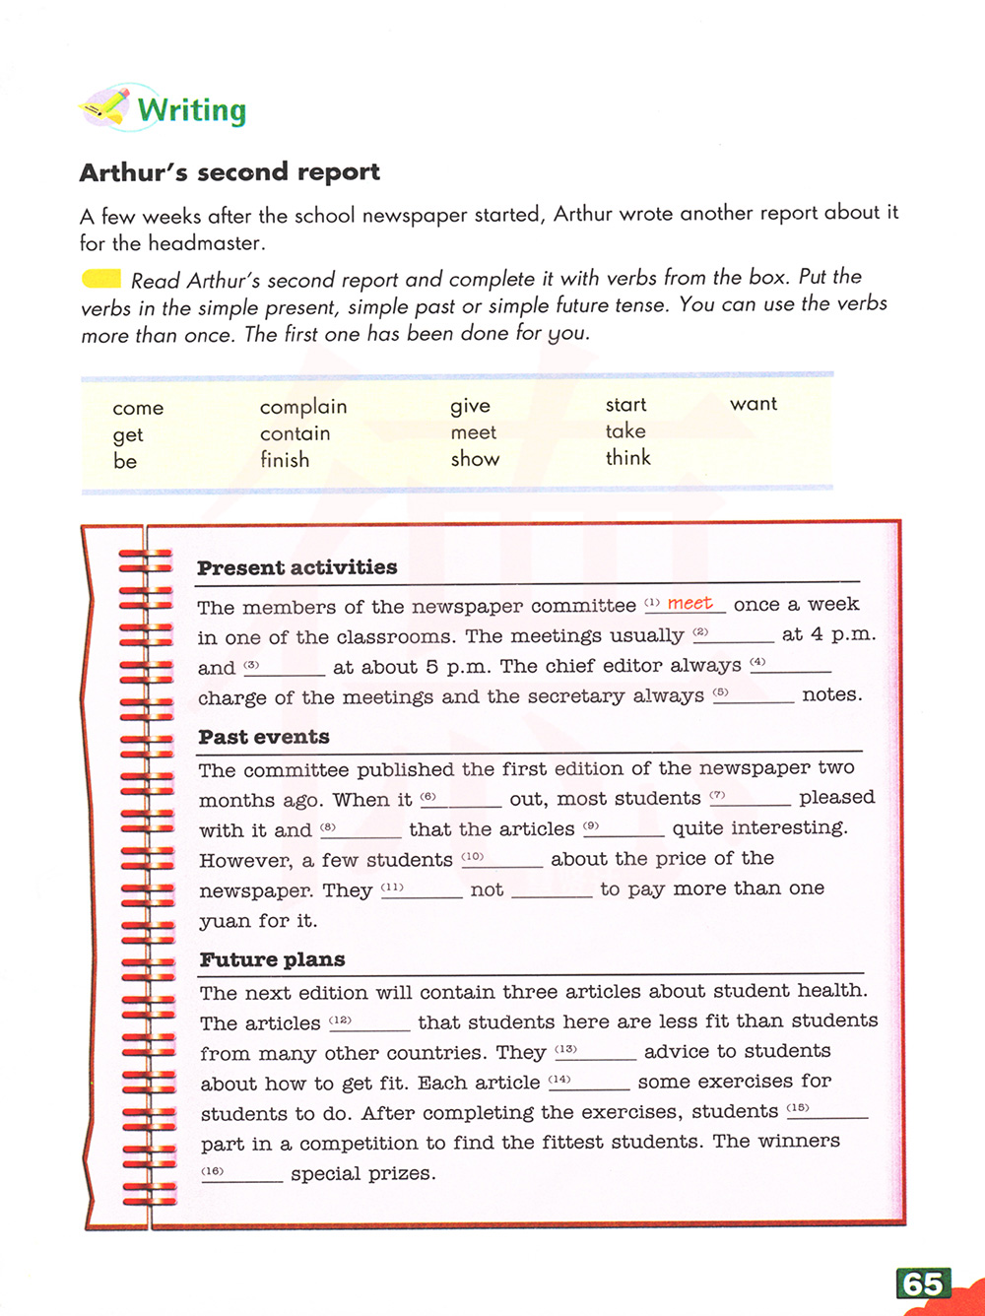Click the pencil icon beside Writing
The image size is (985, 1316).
click(x=105, y=106)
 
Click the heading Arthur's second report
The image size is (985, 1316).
click(x=230, y=172)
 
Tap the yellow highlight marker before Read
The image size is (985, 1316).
click(x=101, y=280)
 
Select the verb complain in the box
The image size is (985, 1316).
click(x=303, y=407)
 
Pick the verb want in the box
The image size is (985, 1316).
click(x=754, y=404)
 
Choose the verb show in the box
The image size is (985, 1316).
click(x=475, y=459)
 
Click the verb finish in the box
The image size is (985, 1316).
click(x=285, y=460)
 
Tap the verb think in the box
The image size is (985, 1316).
click(x=628, y=458)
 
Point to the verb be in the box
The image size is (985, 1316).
click(x=125, y=462)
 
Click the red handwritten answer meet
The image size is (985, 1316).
click(x=689, y=603)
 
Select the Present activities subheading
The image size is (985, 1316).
click(x=296, y=567)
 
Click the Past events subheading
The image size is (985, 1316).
click(x=264, y=737)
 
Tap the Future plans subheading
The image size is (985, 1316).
click(x=273, y=959)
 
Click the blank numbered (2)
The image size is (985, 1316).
click(x=739, y=635)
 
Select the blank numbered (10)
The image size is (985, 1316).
click(x=507, y=860)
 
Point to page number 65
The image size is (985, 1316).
click(x=923, y=1284)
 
